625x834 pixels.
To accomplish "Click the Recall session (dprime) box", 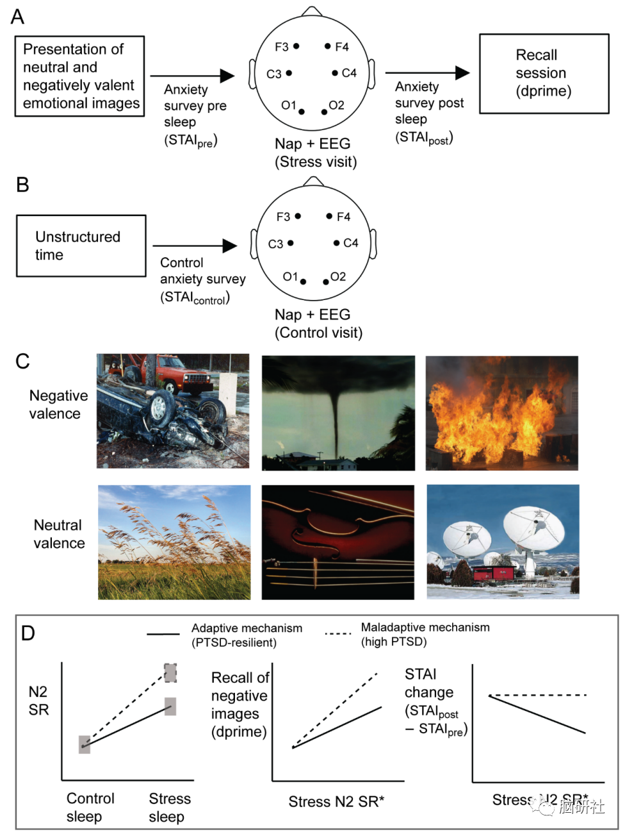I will pos(544,74).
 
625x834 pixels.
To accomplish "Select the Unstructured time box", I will pos(81,246).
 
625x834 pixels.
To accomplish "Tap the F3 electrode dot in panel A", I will pos(296,46).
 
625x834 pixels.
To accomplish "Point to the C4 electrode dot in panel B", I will pos(337,243).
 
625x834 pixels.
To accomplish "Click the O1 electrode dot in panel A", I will pos(302,112).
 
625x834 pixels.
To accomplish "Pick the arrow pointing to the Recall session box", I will pos(427,73).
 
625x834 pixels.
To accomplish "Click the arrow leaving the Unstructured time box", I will pos(195,246).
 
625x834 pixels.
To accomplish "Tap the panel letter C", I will pos(22,362).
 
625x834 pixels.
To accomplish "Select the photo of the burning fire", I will pos(501,413).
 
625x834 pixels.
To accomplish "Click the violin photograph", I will pos(337,542).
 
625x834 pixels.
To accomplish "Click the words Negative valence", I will pos(58,404).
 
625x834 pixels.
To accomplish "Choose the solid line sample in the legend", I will pos(163,634).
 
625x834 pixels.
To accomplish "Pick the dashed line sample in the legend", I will pos(338,633).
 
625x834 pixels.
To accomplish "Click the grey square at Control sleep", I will pos(85,744).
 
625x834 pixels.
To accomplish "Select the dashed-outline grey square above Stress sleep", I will pos(170,672).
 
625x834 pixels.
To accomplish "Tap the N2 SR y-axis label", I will pos(38,701).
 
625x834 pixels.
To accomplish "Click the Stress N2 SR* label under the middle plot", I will pos(336,801).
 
